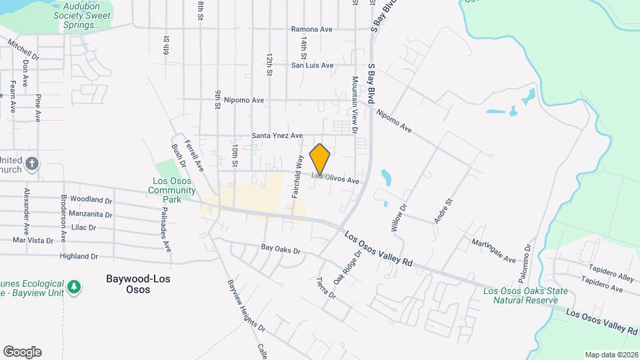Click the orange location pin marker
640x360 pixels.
pos(320,159)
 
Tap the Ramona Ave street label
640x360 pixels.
pos(311,29)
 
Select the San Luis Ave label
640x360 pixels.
pos(312,65)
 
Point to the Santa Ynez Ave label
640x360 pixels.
pos(277,135)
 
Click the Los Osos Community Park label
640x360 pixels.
pos(171,190)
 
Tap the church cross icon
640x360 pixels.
pos(32,163)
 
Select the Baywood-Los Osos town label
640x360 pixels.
pos(138,284)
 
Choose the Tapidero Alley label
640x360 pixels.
pos(611,277)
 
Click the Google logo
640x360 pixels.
pos(22,352)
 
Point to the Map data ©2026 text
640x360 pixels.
pos(611,355)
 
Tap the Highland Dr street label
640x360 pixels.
pos(79,256)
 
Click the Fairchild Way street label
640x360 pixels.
pos(297,177)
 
